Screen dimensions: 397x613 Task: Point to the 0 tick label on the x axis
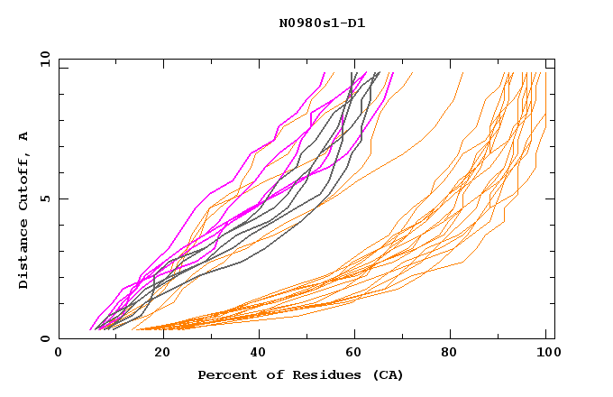click(x=59, y=353)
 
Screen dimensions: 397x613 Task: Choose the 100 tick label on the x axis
click(x=546, y=353)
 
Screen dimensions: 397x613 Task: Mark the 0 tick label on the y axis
click(x=44, y=339)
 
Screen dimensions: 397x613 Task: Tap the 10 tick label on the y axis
click(x=41, y=59)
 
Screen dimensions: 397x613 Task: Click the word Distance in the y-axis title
click(x=23, y=252)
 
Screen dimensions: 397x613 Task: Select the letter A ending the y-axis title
click(x=23, y=136)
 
